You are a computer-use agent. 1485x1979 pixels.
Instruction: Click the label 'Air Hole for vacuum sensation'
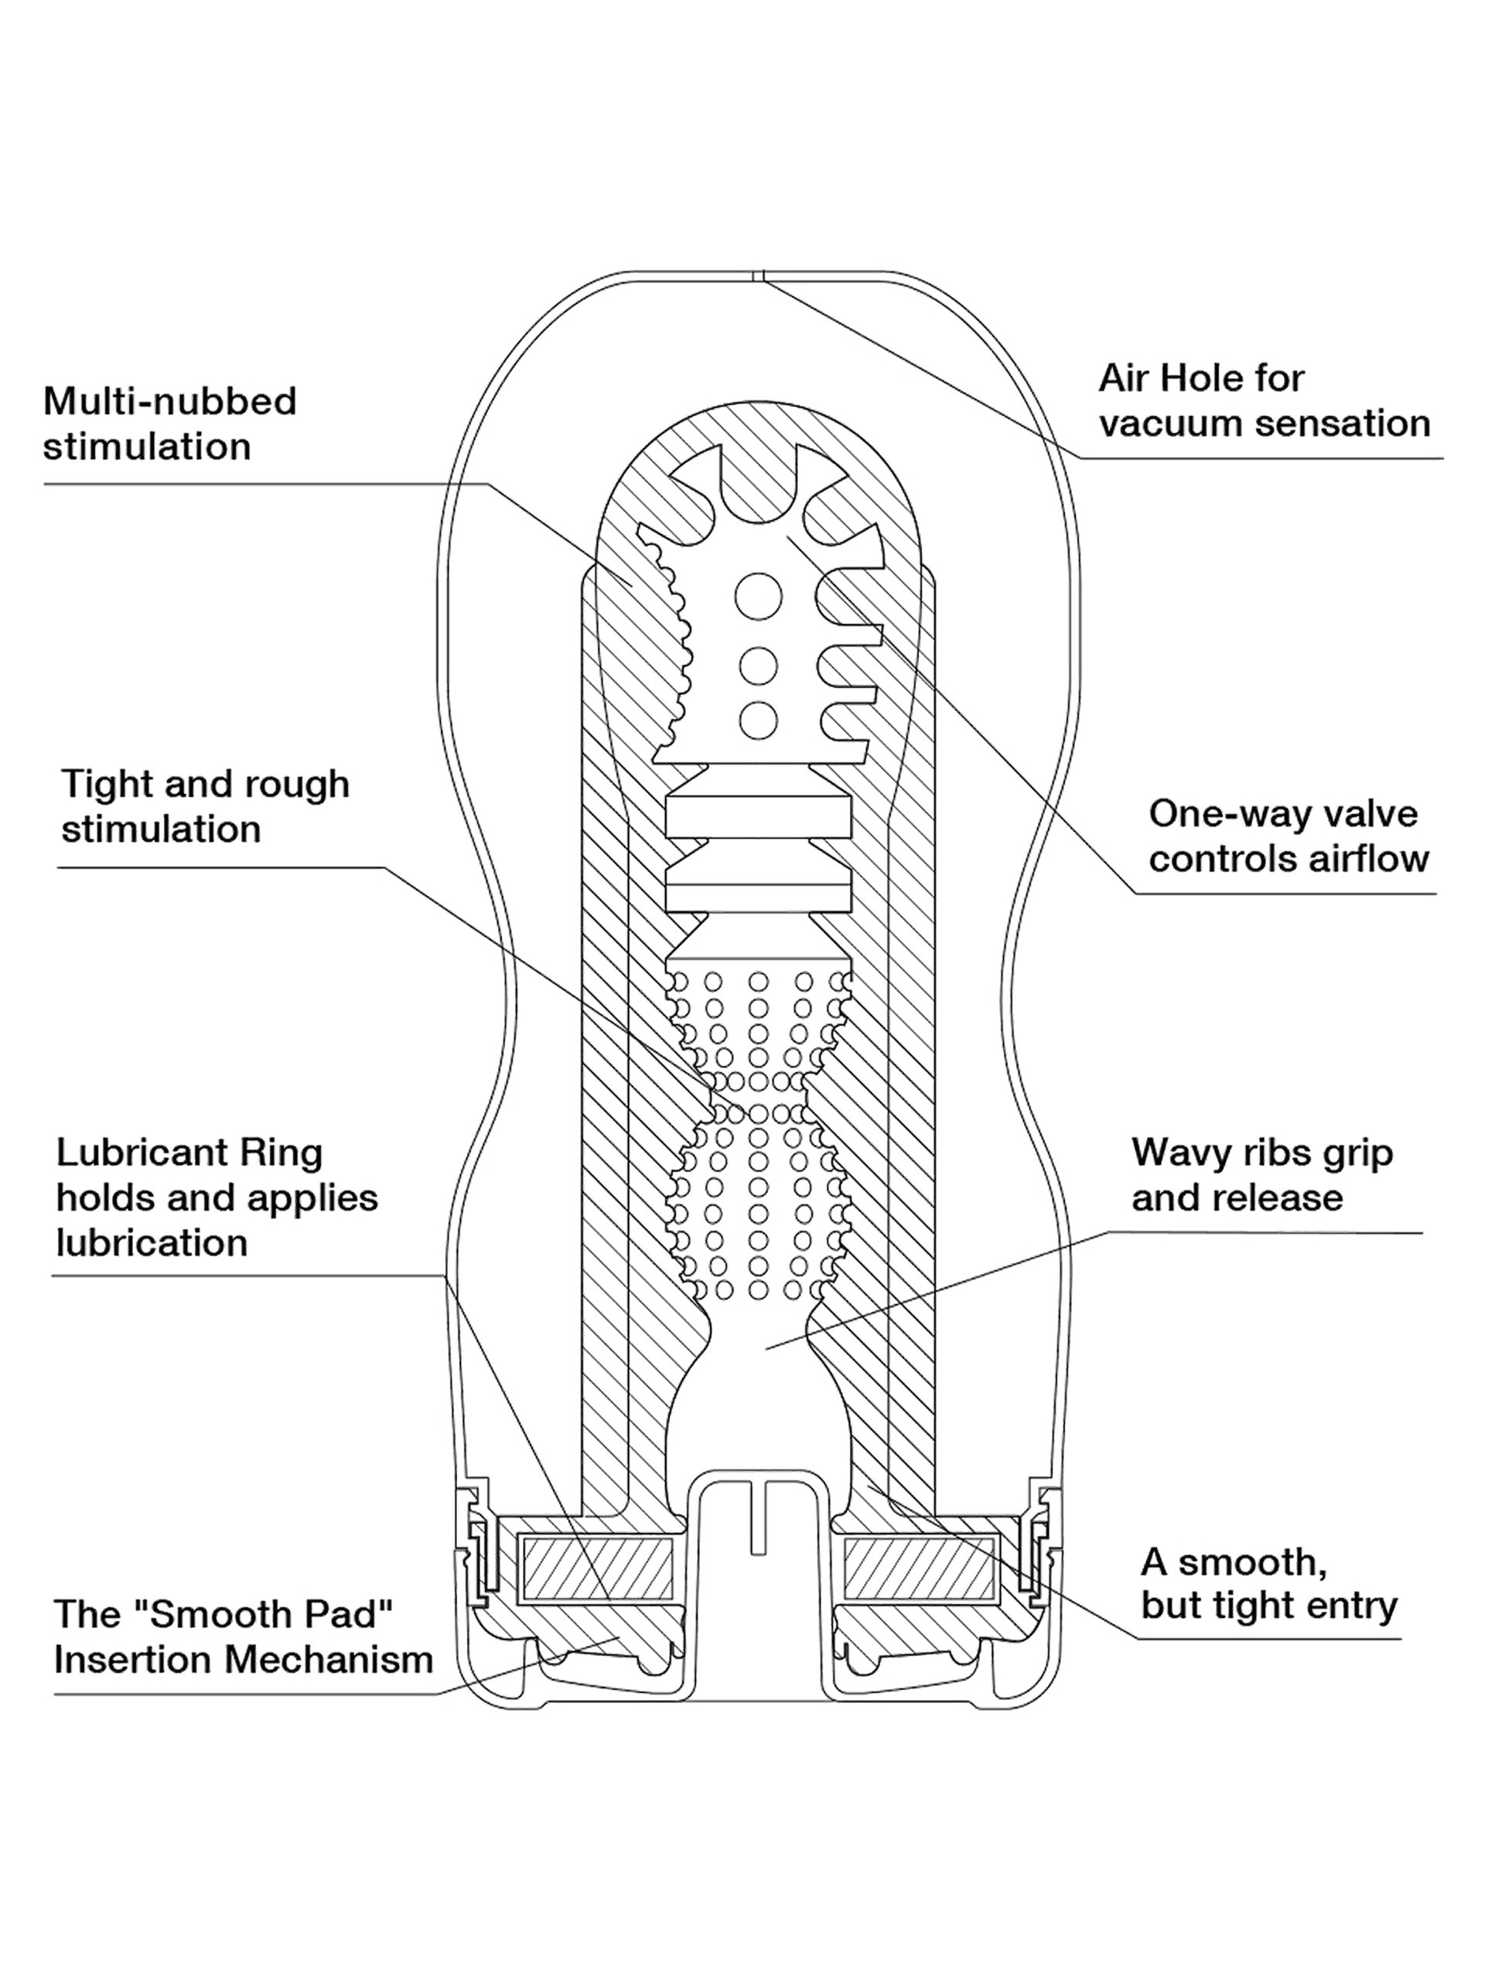click(1263, 400)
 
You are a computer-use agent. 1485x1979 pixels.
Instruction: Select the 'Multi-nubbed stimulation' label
click(169, 423)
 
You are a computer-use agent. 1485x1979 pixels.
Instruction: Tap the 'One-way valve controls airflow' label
click(1288, 836)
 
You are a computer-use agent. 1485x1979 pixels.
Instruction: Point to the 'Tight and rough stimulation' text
click(205, 806)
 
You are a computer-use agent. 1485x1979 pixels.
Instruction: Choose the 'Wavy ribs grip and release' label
click(1261, 1175)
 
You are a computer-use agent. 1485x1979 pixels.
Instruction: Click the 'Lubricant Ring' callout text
click(189, 1153)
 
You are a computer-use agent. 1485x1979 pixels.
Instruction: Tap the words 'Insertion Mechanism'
click(244, 1660)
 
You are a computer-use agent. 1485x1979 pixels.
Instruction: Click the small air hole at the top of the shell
click(758, 277)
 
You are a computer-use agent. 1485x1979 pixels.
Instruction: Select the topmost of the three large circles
click(758, 595)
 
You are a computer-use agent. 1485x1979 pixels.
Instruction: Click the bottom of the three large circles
click(758, 719)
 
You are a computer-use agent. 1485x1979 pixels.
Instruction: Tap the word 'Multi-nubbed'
click(169, 400)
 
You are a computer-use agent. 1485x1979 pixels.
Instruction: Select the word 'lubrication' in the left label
click(152, 1243)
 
